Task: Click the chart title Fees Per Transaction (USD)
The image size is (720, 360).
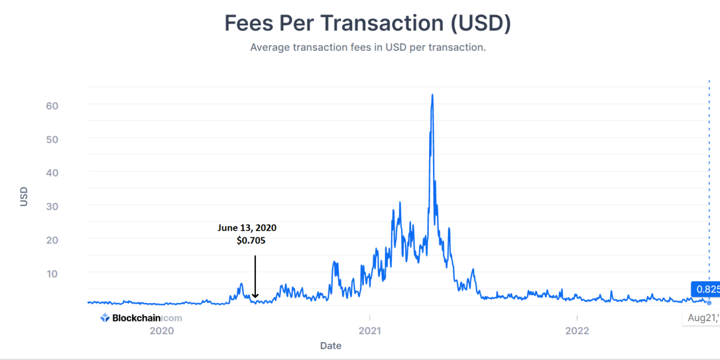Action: click(x=367, y=23)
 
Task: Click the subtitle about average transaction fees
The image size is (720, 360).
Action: click(x=368, y=47)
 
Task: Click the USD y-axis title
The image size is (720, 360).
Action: click(x=24, y=196)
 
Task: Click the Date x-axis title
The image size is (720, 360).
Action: click(x=331, y=345)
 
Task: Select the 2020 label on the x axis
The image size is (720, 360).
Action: click(x=161, y=331)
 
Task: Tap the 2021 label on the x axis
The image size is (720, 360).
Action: click(x=370, y=331)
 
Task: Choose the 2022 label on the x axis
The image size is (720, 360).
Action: click(x=577, y=331)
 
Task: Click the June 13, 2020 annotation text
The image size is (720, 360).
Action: click(x=247, y=228)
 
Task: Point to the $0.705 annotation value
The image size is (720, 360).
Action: click(x=251, y=240)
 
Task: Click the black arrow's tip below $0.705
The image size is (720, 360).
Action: click(x=255, y=297)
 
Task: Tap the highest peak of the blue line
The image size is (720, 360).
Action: click(x=432, y=94)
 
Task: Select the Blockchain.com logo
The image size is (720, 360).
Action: click(x=141, y=318)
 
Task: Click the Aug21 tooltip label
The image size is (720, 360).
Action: click(x=703, y=318)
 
